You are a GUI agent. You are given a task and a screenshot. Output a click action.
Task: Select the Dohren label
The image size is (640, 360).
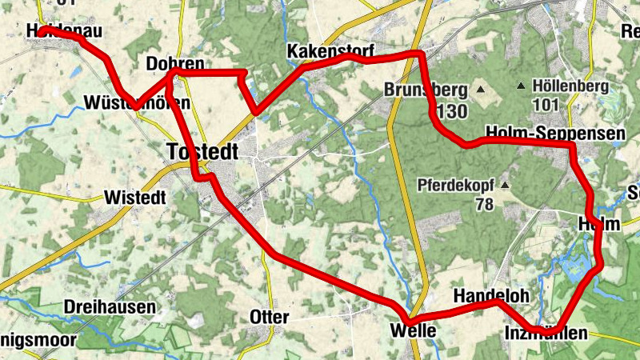174,64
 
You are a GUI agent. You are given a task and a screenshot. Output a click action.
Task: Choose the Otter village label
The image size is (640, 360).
270,317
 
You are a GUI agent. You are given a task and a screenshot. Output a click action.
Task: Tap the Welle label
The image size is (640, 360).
414,330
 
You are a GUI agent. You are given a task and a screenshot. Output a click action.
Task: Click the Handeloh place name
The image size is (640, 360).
491,296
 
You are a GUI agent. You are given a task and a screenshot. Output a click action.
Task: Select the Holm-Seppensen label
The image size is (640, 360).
554,133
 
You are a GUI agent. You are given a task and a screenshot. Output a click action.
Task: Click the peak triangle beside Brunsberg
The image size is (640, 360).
482,89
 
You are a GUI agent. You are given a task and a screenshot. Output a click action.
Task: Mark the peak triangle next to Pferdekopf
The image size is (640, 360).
506,186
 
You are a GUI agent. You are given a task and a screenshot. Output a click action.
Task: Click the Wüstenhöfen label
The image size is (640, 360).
137,103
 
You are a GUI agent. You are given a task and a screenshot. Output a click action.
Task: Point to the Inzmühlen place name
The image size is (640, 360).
546,332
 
